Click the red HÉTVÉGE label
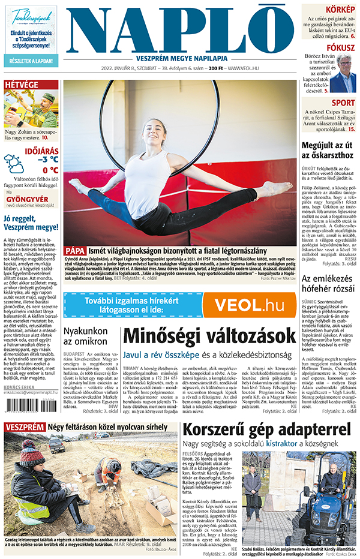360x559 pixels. tap(22, 85)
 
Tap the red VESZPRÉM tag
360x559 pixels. tap(25, 427)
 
